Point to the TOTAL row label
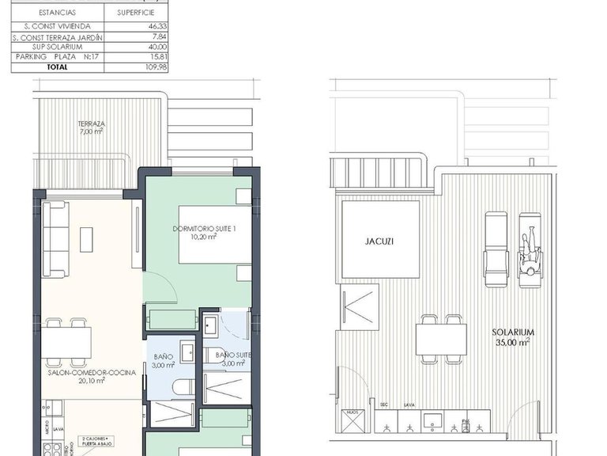56,67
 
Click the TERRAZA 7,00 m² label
92,127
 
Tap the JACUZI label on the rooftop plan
379,242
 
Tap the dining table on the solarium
441,340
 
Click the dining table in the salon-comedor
66,341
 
